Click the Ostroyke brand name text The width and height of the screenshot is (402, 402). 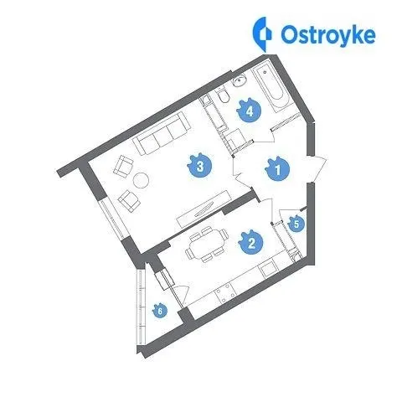click(328, 36)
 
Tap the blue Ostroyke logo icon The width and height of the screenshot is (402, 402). click(262, 34)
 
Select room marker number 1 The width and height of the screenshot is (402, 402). click(278, 169)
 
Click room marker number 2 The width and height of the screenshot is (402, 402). click(251, 242)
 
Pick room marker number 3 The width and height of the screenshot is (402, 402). click(200, 166)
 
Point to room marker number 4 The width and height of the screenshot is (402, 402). click(249, 111)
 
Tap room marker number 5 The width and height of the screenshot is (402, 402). click(296, 224)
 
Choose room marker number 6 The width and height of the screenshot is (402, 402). click(160, 310)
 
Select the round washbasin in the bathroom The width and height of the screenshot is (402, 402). click(240, 81)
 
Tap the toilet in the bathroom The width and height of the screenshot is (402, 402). click(223, 95)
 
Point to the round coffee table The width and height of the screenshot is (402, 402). click(141, 180)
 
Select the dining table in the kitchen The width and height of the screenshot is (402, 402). click(206, 245)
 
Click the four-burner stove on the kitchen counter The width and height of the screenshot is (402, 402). click(224, 293)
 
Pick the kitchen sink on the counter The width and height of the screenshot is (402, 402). click(269, 270)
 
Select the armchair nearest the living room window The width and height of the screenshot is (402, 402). click(129, 201)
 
